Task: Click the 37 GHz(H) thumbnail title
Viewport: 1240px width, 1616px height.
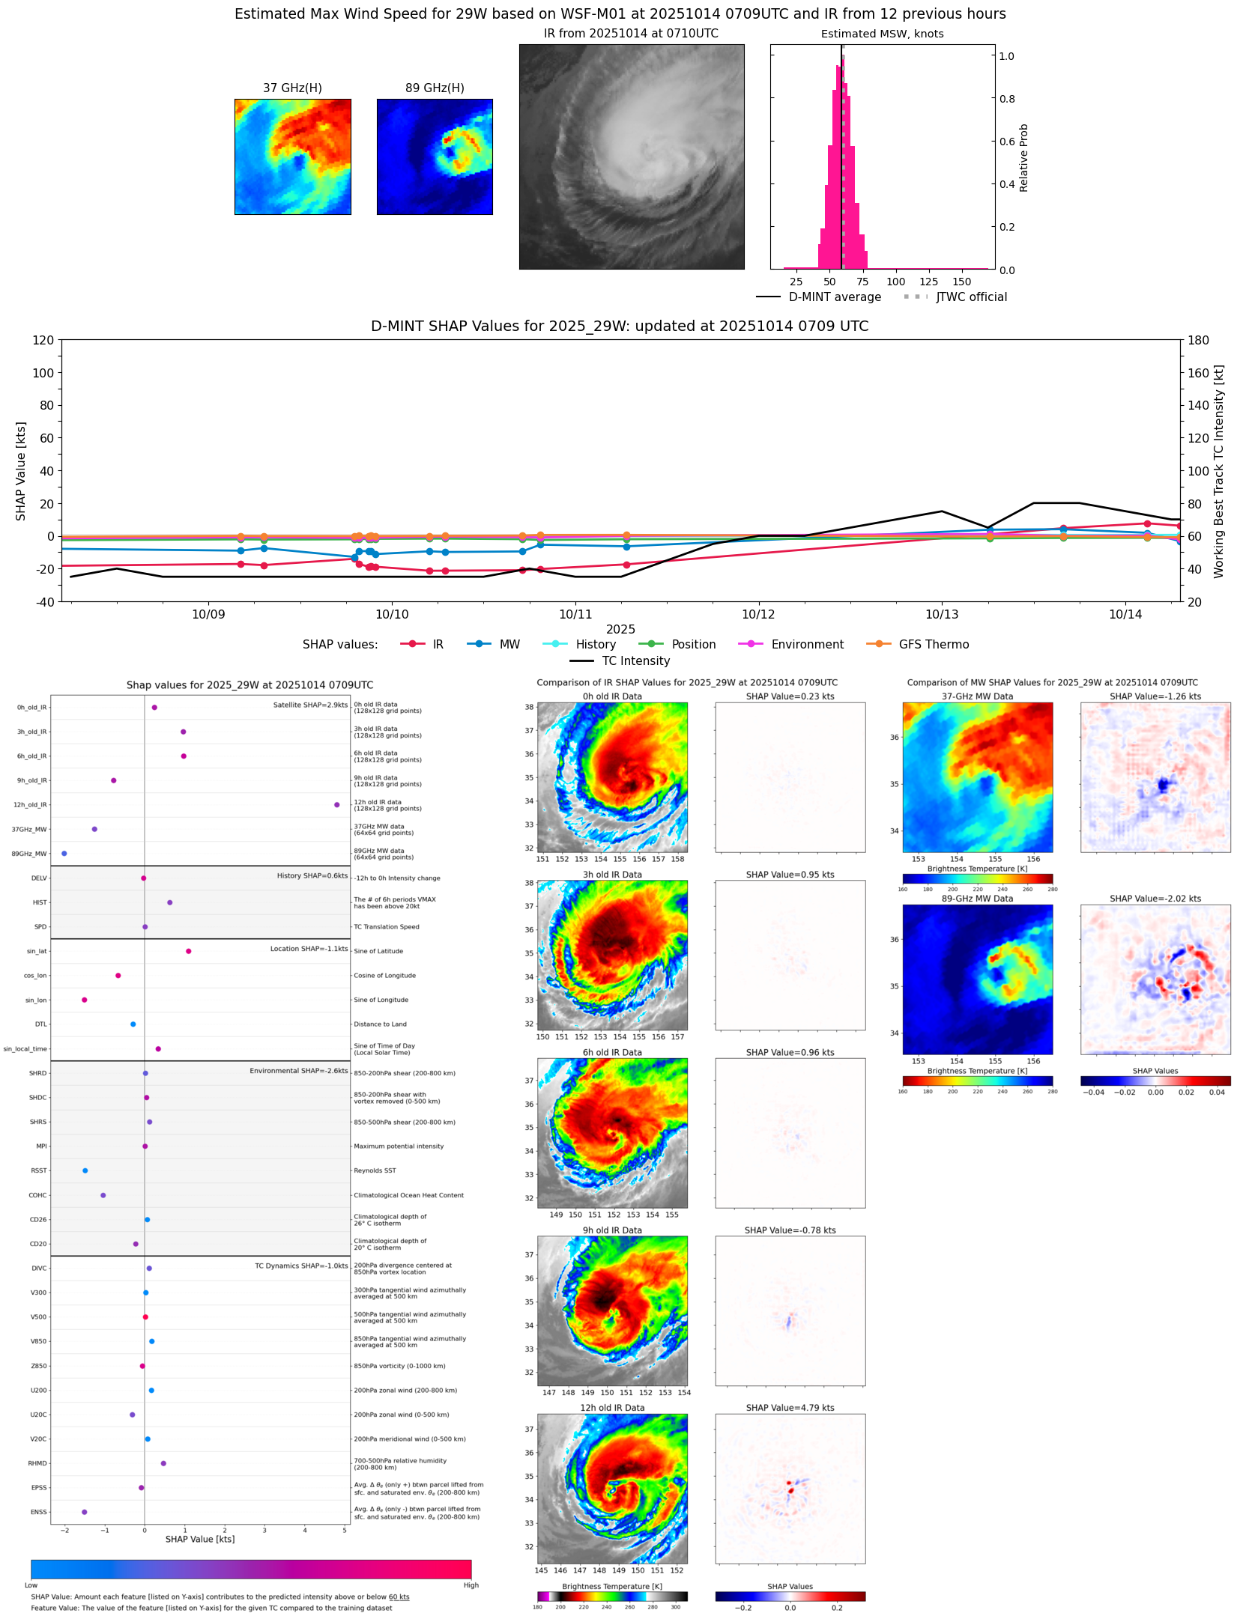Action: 292,88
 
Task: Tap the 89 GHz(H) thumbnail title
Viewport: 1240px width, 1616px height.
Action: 435,88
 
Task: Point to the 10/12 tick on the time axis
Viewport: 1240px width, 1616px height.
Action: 758,614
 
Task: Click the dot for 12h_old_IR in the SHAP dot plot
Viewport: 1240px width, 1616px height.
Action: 337,805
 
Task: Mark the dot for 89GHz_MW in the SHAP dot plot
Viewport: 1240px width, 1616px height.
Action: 64,854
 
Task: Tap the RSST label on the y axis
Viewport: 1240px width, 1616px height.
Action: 39,1170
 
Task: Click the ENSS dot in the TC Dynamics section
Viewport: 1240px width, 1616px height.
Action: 85,1512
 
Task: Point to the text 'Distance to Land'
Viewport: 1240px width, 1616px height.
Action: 380,1024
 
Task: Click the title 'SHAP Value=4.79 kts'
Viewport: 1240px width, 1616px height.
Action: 790,1408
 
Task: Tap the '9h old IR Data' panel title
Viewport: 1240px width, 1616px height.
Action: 612,1230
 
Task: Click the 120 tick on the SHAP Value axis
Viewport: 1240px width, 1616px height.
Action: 43,340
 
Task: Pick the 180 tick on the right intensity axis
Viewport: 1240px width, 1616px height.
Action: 1198,340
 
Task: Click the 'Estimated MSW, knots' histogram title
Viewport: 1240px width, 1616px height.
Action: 882,34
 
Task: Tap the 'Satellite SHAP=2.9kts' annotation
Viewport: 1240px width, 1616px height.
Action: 310,705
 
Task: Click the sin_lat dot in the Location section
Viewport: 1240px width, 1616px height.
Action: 189,951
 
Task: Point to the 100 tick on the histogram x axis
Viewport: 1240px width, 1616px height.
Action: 895,282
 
